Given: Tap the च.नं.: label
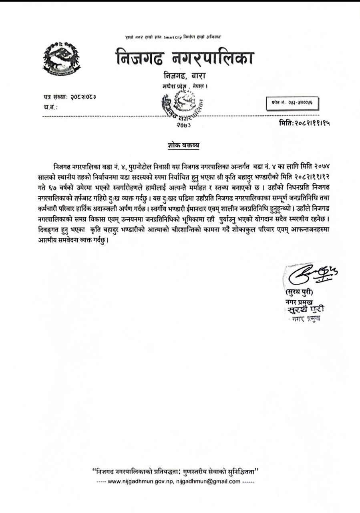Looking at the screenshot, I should (x=50, y=107).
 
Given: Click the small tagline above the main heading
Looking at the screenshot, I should (x=173, y=37).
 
